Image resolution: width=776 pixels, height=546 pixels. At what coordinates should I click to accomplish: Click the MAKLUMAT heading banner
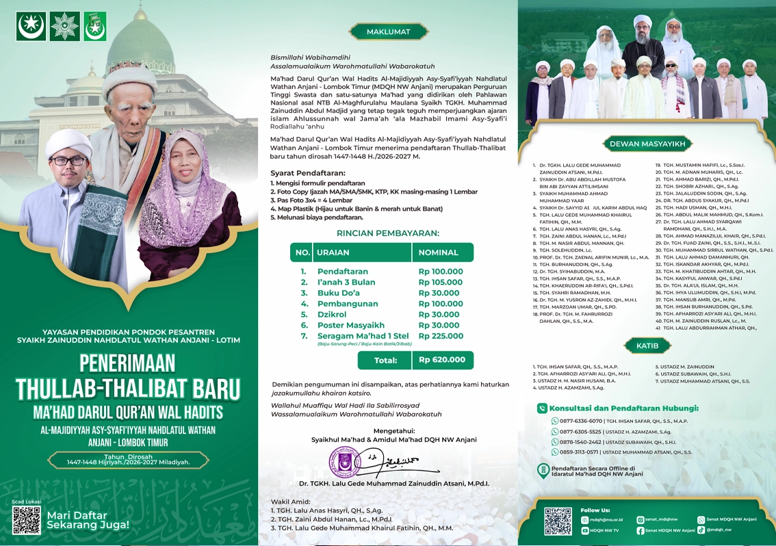click(388, 31)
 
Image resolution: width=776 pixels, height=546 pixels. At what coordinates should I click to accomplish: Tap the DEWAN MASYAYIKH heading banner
click(647, 144)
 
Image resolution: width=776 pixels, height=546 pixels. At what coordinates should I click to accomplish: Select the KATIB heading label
click(647, 346)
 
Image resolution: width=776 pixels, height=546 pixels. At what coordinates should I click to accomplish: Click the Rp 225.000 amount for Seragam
click(440, 336)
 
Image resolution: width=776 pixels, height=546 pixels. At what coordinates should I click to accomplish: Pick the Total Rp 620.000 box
click(443, 360)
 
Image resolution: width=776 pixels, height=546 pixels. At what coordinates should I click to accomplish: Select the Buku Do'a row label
click(338, 293)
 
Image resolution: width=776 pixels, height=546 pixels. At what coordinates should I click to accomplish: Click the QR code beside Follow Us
click(558, 521)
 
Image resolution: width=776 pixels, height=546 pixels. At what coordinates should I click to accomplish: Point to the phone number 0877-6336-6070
click(581, 421)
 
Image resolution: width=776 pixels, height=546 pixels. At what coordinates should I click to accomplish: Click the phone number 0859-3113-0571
click(581, 452)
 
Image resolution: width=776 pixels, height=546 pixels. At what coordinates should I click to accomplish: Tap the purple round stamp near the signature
click(345, 463)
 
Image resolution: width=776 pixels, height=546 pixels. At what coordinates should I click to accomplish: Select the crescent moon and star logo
click(31, 26)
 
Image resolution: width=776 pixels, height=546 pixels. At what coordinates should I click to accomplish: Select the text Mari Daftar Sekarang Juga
click(88, 520)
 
